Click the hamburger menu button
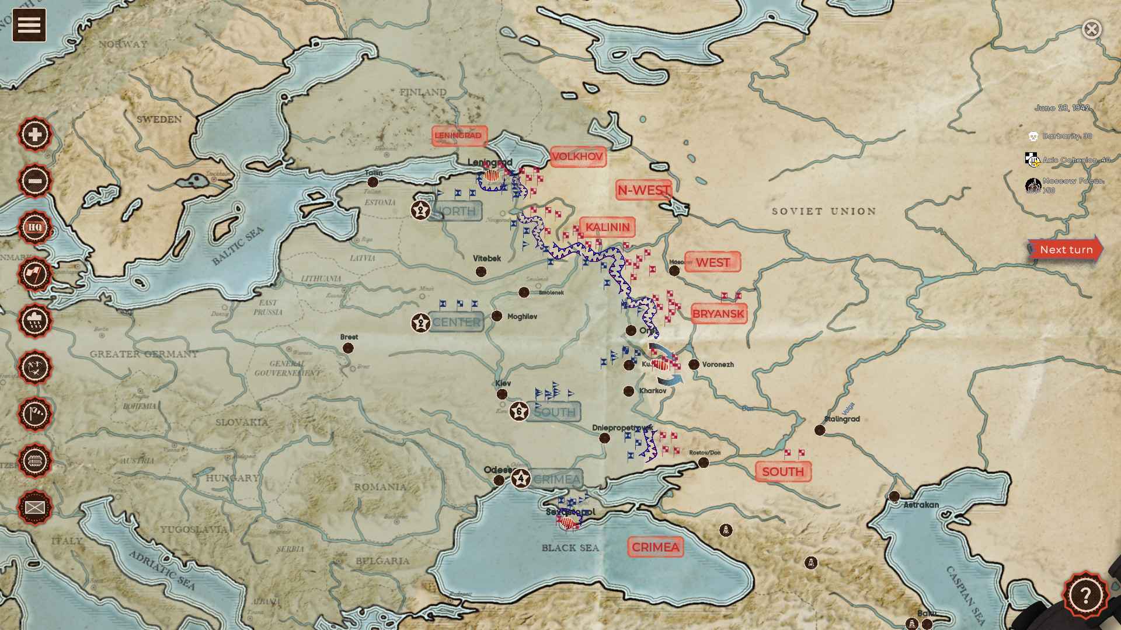pyautogui.click(x=29, y=25)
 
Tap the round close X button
pyautogui.click(x=1091, y=29)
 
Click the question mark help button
pyautogui.click(x=1085, y=596)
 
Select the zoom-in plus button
pyautogui.click(x=35, y=134)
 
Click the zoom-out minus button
pyautogui.click(x=35, y=181)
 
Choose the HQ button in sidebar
pyautogui.click(x=35, y=228)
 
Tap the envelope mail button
pyautogui.click(x=35, y=508)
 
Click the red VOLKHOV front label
pyautogui.click(x=577, y=157)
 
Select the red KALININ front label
pyautogui.click(x=607, y=227)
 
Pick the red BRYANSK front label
pyautogui.click(x=718, y=314)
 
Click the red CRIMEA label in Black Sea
pyautogui.click(x=655, y=547)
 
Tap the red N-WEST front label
pyautogui.click(x=643, y=190)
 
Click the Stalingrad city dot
pyautogui.click(x=820, y=430)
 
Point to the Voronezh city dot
pyautogui.click(x=694, y=365)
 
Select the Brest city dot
pyautogui.click(x=348, y=348)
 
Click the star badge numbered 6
pyautogui.click(x=519, y=411)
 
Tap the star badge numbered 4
pyautogui.click(x=521, y=479)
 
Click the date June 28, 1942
pyautogui.click(x=1061, y=108)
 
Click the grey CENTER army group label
pyautogui.click(x=456, y=322)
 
